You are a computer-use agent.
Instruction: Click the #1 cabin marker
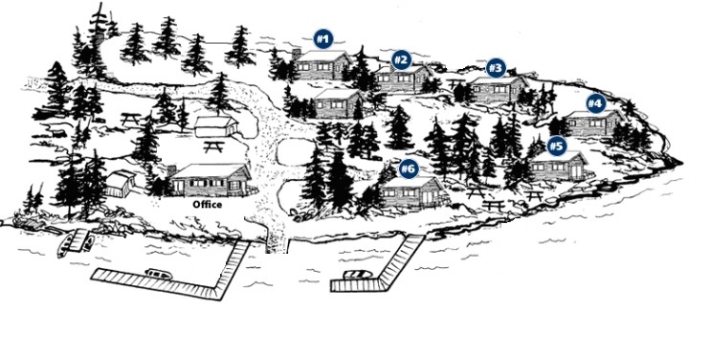[x=322, y=39]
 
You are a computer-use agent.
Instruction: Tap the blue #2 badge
[x=401, y=59]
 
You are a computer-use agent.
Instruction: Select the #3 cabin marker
[x=496, y=68]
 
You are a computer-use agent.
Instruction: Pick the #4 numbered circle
[x=595, y=103]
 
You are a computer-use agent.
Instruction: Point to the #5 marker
[x=557, y=146]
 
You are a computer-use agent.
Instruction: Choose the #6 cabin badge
[x=409, y=169]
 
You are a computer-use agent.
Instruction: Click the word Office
[x=208, y=204]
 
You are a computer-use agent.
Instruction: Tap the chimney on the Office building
[x=171, y=170]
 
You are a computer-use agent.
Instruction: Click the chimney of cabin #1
[x=297, y=54]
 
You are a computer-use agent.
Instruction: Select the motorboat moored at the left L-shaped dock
[x=159, y=274]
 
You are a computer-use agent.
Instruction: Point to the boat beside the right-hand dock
[x=358, y=275]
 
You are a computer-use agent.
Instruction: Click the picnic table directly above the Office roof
[x=214, y=146]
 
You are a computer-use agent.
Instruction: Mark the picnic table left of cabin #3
[x=455, y=83]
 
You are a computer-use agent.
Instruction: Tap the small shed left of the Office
[x=121, y=184]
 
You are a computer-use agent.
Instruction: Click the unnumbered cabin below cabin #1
[x=338, y=103]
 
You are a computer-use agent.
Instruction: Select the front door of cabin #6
[x=427, y=197]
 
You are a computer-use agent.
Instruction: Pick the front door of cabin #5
[x=576, y=171]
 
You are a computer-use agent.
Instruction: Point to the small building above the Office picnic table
[x=216, y=126]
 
